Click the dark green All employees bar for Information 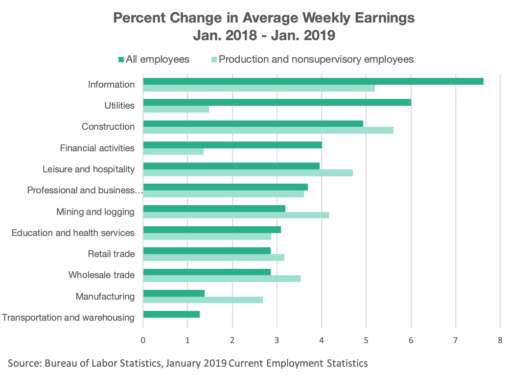click(x=313, y=81)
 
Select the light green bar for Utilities click(x=176, y=109)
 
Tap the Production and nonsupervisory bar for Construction click(x=268, y=130)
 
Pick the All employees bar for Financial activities click(x=232, y=144)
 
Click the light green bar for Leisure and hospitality click(x=248, y=173)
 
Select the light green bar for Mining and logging click(x=236, y=215)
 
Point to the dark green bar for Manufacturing click(x=174, y=293)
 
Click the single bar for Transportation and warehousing click(x=171, y=314)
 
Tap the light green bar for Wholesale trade click(x=222, y=279)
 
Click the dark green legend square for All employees click(x=121, y=60)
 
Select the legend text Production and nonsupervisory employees click(x=316, y=59)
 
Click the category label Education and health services click(x=73, y=233)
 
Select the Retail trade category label click(x=111, y=254)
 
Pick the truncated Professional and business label click(x=84, y=190)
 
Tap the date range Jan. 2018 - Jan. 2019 click(x=264, y=36)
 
